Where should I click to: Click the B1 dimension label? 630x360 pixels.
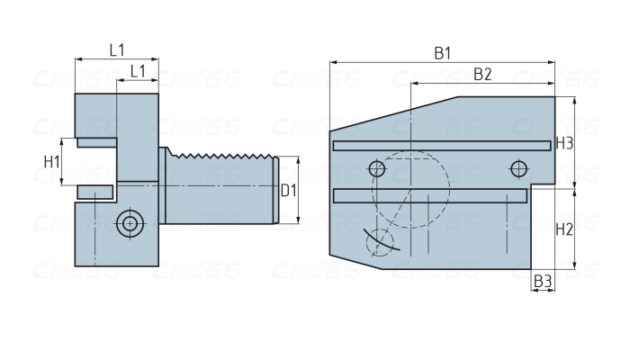pos(443,53)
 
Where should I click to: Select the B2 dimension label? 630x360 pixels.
pos(482,75)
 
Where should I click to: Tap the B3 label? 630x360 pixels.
pos(543,281)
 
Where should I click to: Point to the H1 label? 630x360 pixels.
pos(52,162)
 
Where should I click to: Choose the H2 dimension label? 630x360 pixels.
pos(564,229)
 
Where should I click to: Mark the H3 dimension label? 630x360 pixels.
pos(564,143)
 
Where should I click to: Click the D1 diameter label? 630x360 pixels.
pos(288,191)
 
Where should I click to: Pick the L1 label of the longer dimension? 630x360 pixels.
pos(117,50)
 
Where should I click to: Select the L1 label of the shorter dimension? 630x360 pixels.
pos(138,71)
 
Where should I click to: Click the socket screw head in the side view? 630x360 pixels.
pos(130,223)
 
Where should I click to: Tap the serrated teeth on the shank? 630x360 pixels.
pos(221,155)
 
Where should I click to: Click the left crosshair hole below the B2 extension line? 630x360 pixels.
pos(377,169)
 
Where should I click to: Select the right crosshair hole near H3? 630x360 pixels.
pos(518,169)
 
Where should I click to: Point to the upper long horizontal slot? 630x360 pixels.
pos(442,146)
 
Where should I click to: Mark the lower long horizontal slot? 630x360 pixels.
pos(430,195)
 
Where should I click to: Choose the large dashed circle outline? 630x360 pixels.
pos(449,189)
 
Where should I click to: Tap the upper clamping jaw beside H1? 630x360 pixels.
pos(97,142)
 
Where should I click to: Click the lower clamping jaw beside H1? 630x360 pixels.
pos(95,192)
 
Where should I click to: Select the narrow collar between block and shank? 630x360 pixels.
pos(163,185)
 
